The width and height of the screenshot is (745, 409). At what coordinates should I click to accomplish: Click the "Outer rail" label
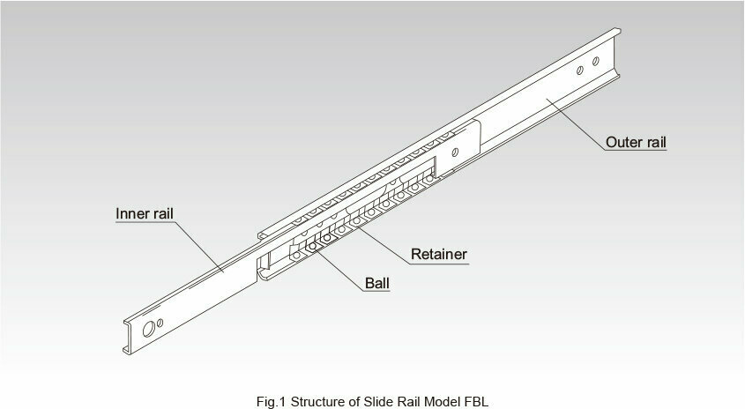(636, 142)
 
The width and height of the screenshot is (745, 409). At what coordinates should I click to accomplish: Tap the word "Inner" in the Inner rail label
(130, 214)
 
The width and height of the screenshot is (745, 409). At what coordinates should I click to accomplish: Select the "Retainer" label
(439, 254)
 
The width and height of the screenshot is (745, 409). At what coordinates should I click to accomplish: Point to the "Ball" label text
(377, 284)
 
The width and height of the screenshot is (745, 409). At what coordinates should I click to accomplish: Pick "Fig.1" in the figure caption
(272, 401)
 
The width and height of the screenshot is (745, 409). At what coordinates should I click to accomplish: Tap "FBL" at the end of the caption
(476, 401)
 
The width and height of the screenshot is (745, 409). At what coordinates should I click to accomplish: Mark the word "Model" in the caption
(443, 401)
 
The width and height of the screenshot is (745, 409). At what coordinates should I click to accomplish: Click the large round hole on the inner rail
(149, 329)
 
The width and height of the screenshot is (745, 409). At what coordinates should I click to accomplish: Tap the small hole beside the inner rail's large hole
(160, 323)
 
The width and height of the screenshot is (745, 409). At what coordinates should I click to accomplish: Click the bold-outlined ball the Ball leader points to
(312, 246)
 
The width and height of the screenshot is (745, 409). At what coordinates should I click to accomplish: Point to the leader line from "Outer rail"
(576, 124)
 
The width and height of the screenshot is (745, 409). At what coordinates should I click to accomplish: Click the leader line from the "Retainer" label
(384, 245)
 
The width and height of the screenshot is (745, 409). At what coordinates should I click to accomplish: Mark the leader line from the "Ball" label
(340, 270)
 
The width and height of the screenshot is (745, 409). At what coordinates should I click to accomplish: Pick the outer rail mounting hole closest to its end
(596, 61)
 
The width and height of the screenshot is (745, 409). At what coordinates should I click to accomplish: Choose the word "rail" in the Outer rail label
(654, 142)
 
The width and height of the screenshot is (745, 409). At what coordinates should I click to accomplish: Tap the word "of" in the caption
(355, 401)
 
